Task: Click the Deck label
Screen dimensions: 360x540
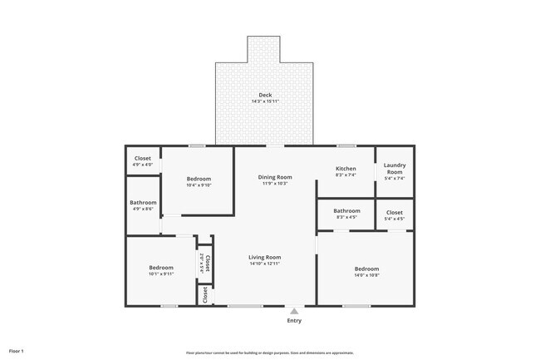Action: (265, 96)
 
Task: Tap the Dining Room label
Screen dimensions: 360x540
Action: (274, 177)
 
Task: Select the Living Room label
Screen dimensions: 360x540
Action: (264, 258)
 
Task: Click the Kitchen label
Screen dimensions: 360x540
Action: (345, 169)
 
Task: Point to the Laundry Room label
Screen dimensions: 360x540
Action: (395, 169)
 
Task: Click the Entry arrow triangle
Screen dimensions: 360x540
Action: (294, 310)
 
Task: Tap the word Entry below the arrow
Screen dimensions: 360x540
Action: (294, 321)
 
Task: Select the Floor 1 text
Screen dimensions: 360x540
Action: (17, 351)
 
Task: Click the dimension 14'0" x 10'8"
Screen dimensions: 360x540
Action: (366, 275)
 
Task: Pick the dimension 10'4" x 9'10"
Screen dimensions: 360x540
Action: (199, 185)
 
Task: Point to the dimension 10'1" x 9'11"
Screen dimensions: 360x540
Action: (161, 274)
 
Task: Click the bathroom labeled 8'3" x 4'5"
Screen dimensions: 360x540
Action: (346, 211)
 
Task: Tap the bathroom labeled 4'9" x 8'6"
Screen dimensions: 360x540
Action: (143, 204)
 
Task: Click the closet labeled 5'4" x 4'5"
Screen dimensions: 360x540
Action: (395, 212)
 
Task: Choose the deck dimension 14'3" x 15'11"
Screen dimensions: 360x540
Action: (265, 102)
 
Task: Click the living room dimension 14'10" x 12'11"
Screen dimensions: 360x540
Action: (264, 264)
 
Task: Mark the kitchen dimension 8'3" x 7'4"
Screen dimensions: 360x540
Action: (345, 175)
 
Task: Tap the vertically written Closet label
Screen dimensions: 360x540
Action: (208, 264)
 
